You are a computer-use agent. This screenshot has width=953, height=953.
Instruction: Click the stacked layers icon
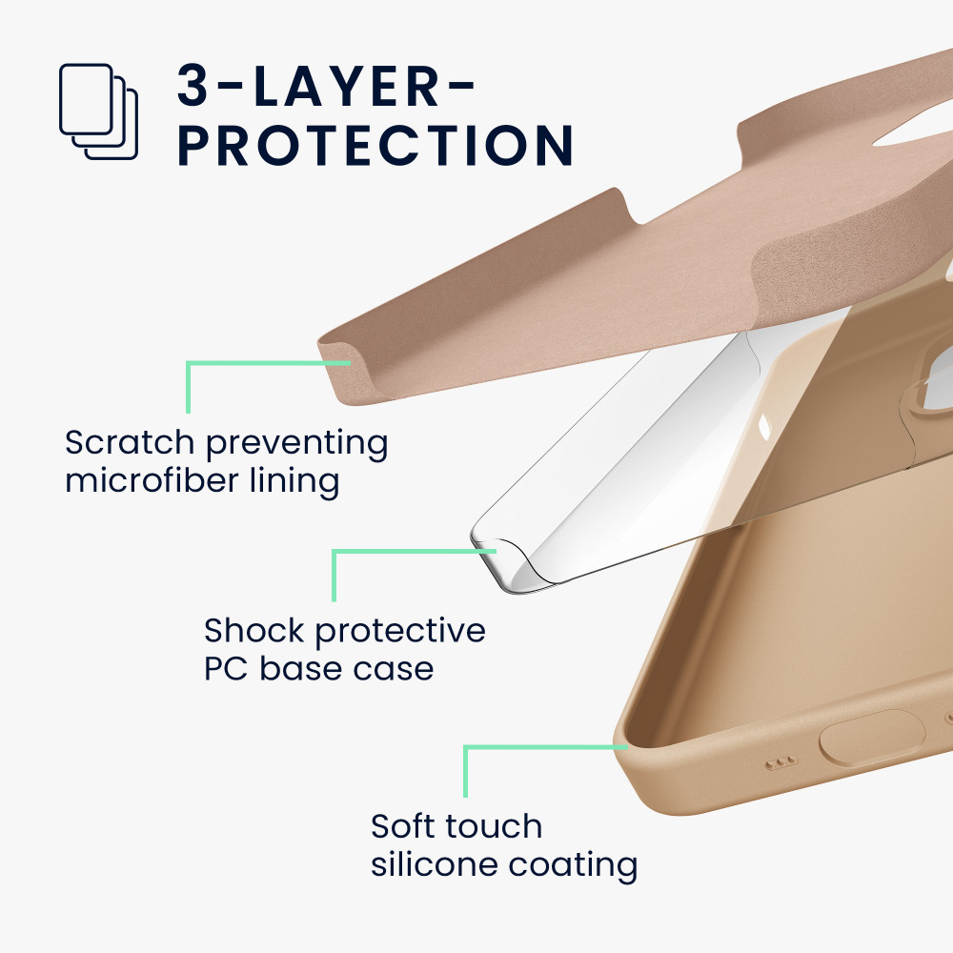pyautogui.click(x=98, y=112)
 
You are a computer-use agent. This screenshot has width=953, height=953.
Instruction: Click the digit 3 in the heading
pyautogui.click(x=193, y=86)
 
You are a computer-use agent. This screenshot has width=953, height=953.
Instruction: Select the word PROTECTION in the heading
pyautogui.click(x=375, y=145)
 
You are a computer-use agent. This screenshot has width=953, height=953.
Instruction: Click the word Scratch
pyautogui.click(x=129, y=442)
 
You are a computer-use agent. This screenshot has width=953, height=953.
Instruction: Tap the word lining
pyautogui.click(x=294, y=481)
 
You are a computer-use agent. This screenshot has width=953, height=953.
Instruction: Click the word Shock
pyautogui.click(x=253, y=630)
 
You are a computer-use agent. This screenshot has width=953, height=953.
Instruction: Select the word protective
pyautogui.click(x=400, y=632)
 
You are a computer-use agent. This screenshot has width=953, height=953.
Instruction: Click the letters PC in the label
pyautogui.click(x=226, y=669)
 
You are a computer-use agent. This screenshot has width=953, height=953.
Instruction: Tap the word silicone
pyautogui.click(x=434, y=864)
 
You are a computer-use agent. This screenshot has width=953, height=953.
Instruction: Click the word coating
pyautogui.click(x=573, y=865)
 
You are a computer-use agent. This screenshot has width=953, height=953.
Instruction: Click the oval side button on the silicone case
pyautogui.click(x=873, y=738)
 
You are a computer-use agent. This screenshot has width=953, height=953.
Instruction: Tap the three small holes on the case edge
pyautogui.click(x=781, y=762)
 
